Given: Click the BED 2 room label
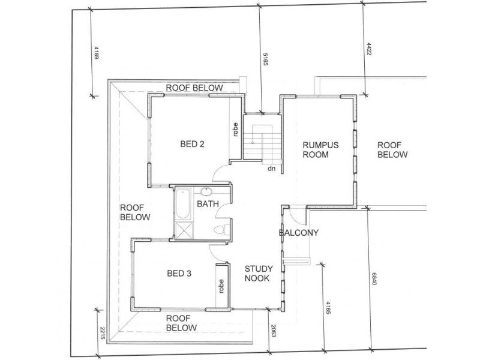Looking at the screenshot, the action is coord(192,144).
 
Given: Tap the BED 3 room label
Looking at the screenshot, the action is coord(179,274).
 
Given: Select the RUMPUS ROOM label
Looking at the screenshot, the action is coord(320,149).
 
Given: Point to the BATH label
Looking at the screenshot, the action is coord(208,204).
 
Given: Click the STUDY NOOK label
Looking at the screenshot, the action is coord(259,274).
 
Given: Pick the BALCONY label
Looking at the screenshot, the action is coord(298,233).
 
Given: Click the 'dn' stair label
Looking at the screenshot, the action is coord(272,169).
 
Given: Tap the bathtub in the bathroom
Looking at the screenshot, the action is coord(183,204).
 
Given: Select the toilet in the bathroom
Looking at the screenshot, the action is coord(222,229).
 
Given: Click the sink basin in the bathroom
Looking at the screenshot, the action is coord(206,191).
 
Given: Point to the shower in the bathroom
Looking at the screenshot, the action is coord(184,230).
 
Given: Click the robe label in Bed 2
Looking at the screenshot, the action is coord(235,130).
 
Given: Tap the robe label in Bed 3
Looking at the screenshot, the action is coord(221,286).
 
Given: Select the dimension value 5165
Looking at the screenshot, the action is coord(265,59).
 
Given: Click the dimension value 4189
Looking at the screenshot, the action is coord(97,53).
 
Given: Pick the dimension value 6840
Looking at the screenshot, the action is coord(374,279).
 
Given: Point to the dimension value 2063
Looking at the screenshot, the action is coord(274,331).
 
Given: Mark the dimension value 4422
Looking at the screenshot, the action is coord(369,49).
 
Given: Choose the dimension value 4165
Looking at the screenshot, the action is coord(328,308).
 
